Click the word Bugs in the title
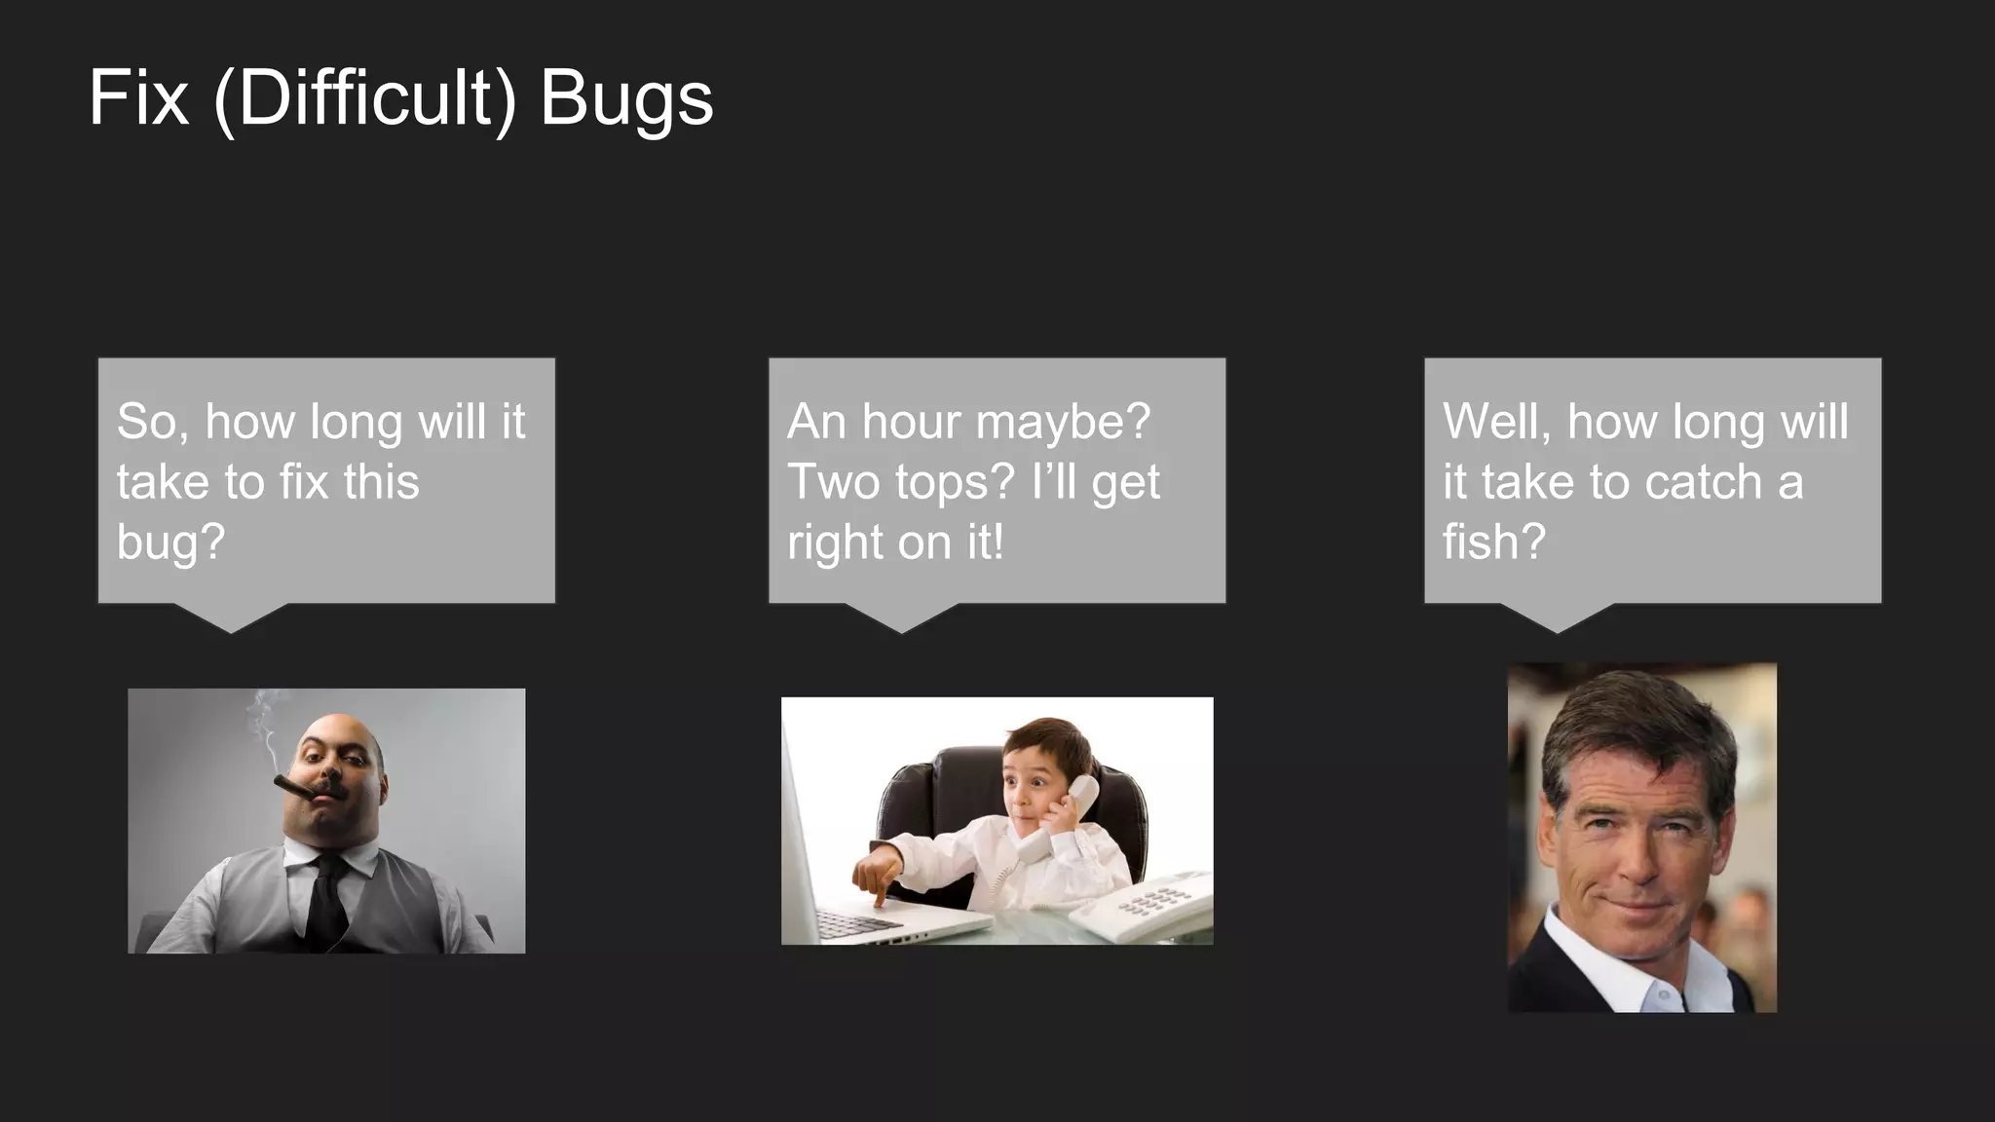(626, 99)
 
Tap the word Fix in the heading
(137, 97)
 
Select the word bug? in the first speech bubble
(170, 543)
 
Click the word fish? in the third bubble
(1493, 542)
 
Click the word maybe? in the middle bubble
(1063, 424)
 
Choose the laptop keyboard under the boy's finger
(857, 920)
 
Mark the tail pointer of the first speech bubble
(231, 618)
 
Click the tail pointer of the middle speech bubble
(901, 618)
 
